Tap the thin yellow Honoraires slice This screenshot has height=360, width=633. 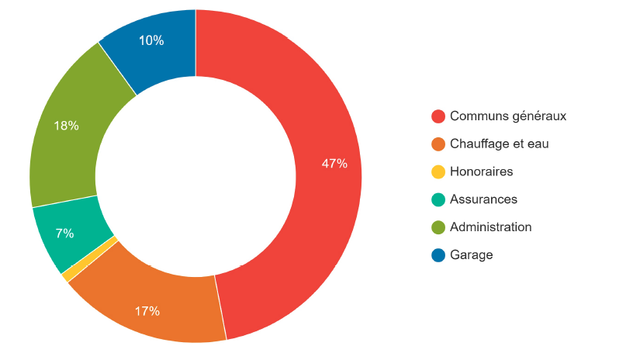[90, 259]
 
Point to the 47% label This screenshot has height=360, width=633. [334, 164]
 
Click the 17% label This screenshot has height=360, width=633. [147, 311]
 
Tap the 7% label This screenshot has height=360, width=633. [64, 233]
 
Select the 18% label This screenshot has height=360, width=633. [66, 125]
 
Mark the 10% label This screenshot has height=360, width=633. [151, 40]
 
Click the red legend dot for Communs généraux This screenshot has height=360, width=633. [438, 116]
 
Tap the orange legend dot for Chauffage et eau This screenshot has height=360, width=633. [438, 144]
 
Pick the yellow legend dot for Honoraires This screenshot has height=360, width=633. [438, 171]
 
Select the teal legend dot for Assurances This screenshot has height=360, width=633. [438, 199]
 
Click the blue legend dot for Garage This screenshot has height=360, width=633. [438, 254]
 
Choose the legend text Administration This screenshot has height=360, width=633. [490, 227]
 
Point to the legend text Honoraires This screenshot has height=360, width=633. [481, 171]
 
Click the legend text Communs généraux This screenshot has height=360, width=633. [508, 116]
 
